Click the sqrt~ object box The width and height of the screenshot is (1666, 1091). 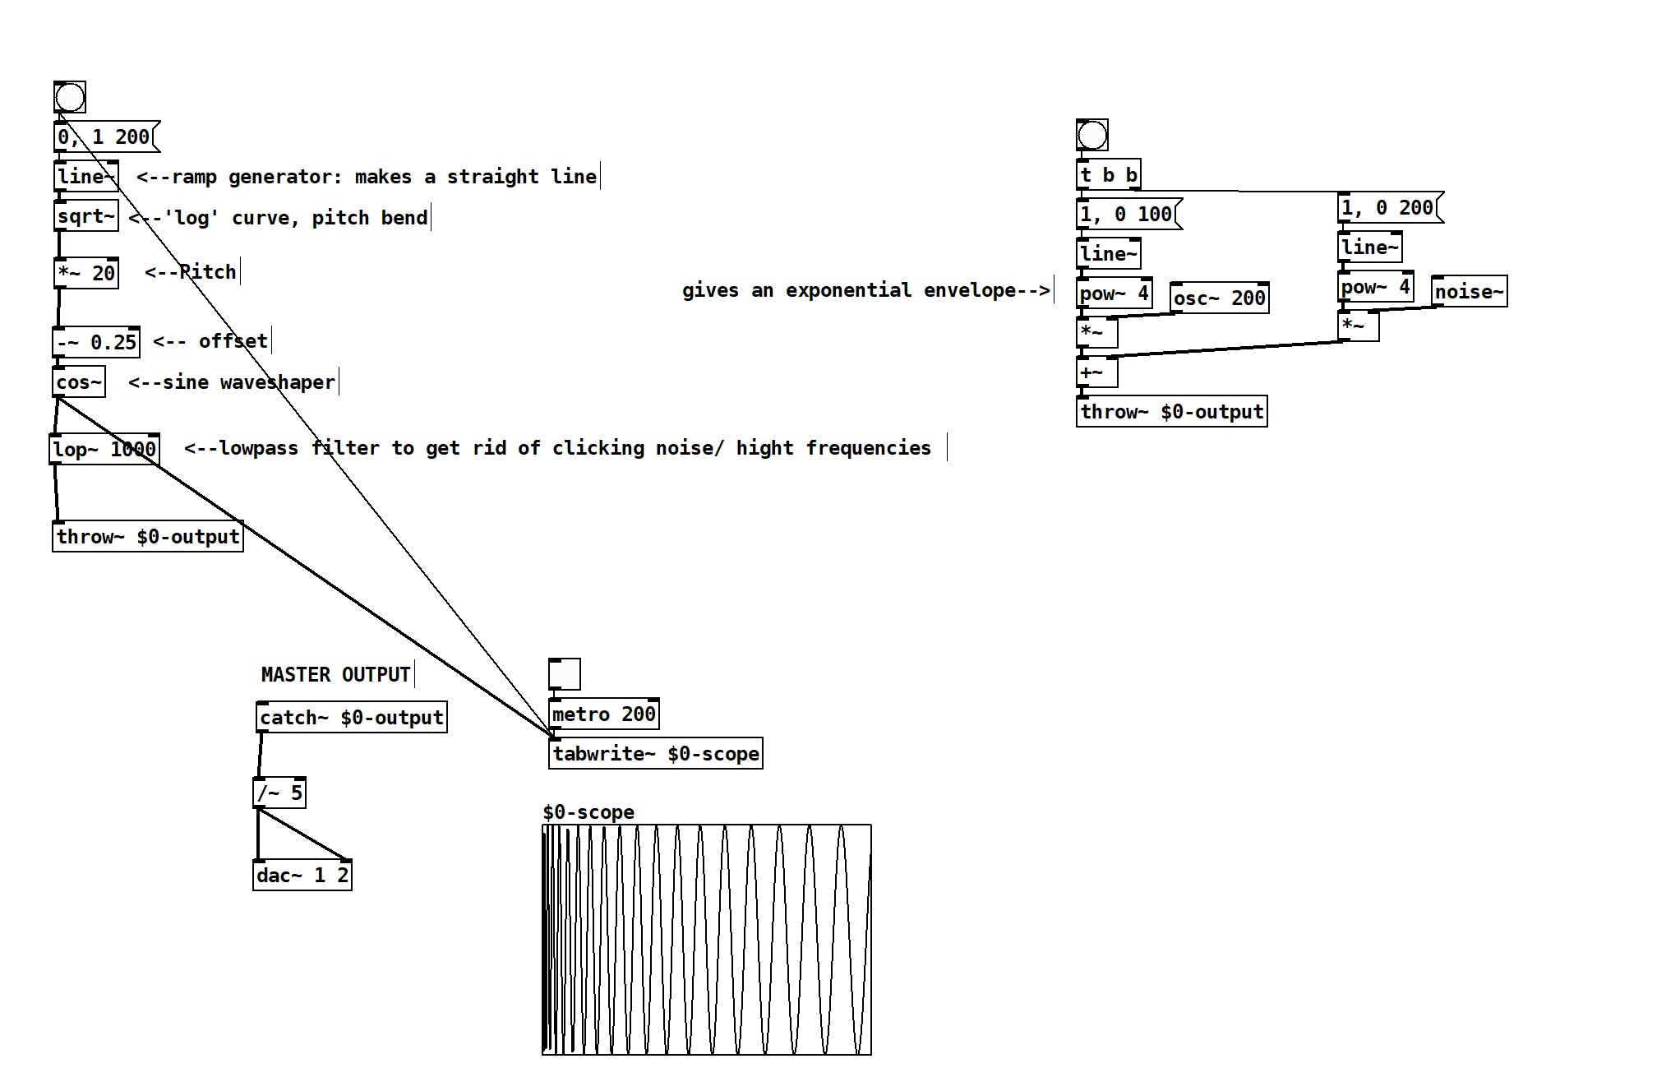[x=86, y=216]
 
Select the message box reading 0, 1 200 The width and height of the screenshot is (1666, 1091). [x=104, y=136]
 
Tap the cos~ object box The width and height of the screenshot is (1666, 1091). [x=79, y=382]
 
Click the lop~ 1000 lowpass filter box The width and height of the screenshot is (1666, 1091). [x=104, y=449]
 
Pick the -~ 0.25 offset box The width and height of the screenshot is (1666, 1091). [x=96, y=342]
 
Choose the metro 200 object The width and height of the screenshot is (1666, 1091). [x=603, y=714]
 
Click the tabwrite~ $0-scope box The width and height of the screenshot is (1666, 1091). [x=655, y=753]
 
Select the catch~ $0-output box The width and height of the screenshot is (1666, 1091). [x=352, y=717]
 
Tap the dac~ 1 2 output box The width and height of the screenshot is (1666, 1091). [x=302, y=875]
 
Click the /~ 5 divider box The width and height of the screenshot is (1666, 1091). [x=279, y=793]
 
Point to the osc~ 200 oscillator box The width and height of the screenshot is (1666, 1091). [x=1219, y=298]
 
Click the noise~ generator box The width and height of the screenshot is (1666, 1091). [x=1470, y=291]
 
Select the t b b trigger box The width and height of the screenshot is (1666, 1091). [x=1108, y=174]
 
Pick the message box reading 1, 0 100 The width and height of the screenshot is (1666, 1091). [x=1127, y=214]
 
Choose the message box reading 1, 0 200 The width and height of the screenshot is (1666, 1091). [x=1388, y=207]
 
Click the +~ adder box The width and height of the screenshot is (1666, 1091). [x=1096, y=372]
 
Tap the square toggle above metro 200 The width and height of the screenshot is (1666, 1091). [x=565, y=674]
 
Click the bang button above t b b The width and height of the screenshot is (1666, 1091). [x=1092, y=136]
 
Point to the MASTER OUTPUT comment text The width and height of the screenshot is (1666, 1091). [x=335, y=674]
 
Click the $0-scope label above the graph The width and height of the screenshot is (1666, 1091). [x=588, y=812]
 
